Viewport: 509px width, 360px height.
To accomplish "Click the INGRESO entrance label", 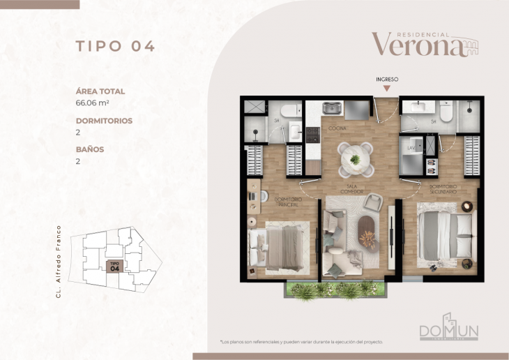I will tap(387, 80).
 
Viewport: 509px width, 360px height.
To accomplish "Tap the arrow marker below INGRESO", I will tap(387, 89).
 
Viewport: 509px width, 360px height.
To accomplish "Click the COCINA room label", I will tap(337, 128).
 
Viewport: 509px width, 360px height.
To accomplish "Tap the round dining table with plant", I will tap(355, 158).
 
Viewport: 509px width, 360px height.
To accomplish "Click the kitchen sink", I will tap(332, 109).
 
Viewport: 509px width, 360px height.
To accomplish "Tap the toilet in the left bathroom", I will tap(291, 110).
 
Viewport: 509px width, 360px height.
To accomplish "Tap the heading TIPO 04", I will tap(115, 47).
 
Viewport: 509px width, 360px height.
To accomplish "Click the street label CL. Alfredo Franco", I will tap(60, 262).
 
